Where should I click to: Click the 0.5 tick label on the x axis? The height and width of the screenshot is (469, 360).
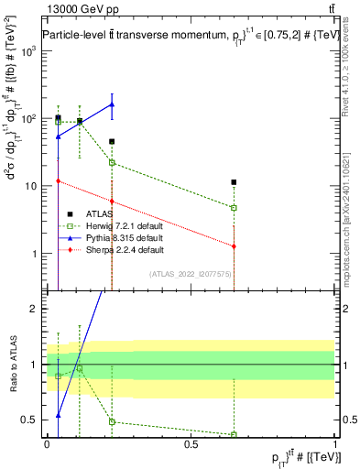click(191, 443)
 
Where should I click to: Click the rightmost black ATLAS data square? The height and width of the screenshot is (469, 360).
click(235, 182)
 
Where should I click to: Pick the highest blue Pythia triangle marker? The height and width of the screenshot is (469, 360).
click(112, 104)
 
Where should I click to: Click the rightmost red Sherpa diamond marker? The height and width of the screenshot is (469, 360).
click(235, 246)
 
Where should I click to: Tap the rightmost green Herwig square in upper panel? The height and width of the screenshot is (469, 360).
click(235, 208)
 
